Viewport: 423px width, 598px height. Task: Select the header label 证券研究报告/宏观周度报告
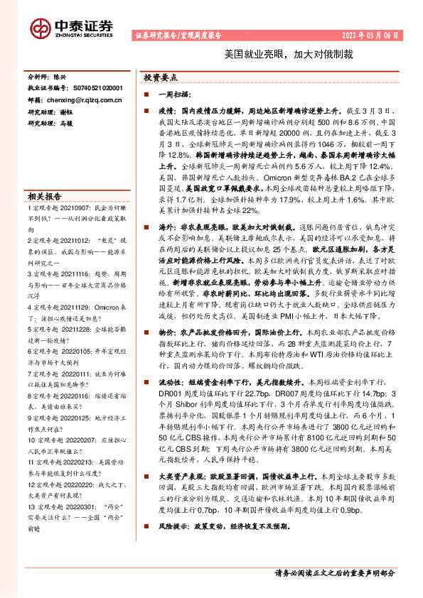click(178, 34)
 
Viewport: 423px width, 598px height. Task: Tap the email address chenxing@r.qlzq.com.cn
click(79, 101)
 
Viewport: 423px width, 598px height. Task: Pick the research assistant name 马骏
click(66, 124)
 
